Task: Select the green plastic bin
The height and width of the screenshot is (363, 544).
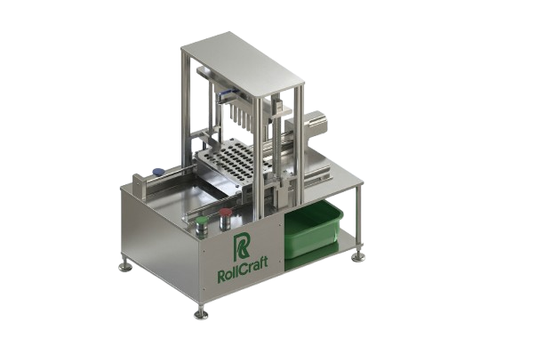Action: (311, 229)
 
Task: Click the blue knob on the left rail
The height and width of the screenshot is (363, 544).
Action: (157, 172)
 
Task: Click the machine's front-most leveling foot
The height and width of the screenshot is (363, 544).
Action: (203, 311)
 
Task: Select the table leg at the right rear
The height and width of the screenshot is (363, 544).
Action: (359, 222)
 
